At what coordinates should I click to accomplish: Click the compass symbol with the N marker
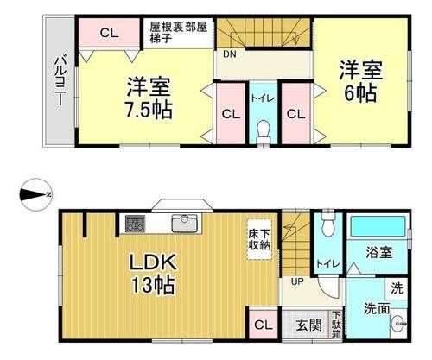point(35,195)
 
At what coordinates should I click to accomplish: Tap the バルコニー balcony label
point(60,81)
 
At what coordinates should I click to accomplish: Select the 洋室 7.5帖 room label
point(149,98)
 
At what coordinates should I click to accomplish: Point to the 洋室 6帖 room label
point(360,81)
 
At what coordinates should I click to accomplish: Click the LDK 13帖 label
point(153,273)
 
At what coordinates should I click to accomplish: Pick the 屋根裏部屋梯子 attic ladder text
point(178,33)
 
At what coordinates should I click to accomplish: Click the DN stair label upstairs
point(230,54)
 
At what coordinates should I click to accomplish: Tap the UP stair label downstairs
point(297,281)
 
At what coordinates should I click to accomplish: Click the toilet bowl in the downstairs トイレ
point(328,224)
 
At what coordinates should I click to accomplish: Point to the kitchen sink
point(185,224)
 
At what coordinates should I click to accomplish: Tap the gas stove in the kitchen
point(135,224)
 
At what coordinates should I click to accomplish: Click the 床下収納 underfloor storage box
point(259,239)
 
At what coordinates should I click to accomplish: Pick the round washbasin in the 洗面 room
point(399,324)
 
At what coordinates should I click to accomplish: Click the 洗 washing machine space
point(397,288)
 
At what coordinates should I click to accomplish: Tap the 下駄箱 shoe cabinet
point(336,325)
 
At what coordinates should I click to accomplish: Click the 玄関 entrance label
point(309,325)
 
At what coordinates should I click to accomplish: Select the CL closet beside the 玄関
point(264,325)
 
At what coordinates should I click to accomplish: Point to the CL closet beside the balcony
point(110,33)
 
